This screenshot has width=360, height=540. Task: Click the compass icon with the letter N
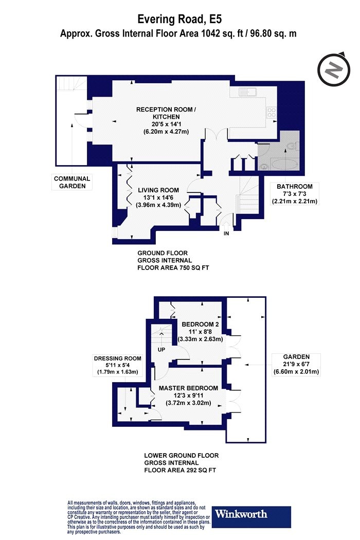(333, 70)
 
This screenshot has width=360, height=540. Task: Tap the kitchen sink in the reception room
(247, 92)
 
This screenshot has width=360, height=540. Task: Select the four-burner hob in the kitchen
(272, 113)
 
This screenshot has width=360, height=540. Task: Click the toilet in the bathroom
(293, 146)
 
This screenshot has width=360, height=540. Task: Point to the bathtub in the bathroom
(284, 164)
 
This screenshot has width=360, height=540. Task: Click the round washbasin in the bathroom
(263, 166)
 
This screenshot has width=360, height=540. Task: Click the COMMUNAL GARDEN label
(72, 182)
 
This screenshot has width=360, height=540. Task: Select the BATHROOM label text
(295, 186)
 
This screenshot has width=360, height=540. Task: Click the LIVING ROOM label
(158, 190)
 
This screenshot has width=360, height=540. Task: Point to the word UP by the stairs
(161, 350)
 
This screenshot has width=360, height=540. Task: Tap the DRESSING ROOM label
(117, 358)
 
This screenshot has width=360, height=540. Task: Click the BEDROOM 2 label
(200, 324)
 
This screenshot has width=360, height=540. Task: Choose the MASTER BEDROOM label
(188, 388)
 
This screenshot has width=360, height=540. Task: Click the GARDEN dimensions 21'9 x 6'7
(296, 364)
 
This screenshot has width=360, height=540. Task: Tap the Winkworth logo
(251, 516)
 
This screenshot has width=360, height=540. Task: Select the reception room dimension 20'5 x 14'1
(166, 124)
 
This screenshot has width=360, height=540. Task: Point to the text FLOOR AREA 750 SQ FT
(173, 267)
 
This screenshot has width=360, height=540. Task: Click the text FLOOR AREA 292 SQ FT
(180, 470)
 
